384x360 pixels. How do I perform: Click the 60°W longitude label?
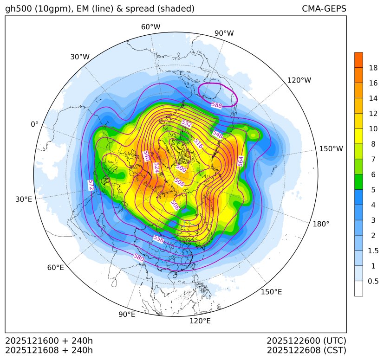click(150, 27)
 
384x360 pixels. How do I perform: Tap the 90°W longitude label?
click(224, 33)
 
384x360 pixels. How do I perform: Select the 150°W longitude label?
click(331, 149)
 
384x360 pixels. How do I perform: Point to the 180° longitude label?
click(321, 224)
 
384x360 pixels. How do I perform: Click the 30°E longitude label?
click(24, 199)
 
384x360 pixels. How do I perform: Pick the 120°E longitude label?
click(200, 321)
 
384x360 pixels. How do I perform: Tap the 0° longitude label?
click(34, 124)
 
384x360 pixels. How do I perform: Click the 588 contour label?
click(216, 105)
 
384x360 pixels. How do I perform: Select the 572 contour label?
click(91, 185)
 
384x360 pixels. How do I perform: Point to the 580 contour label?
click(138, 257)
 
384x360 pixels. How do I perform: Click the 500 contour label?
click(181, 168)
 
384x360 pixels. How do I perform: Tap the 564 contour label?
click(241, 161)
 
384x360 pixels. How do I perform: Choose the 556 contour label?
click(158, 239)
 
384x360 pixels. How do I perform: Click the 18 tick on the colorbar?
click(373, 68)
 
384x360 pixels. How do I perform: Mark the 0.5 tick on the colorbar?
click(373, 281)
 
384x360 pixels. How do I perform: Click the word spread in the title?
click(143, 9)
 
